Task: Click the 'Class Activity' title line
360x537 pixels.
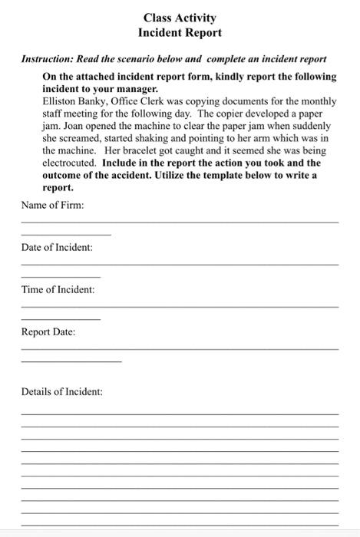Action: point(180,18)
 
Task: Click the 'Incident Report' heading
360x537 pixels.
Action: point(180,33)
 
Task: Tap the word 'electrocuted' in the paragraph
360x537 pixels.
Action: point(69,163)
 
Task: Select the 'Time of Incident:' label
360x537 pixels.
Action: point(58,289)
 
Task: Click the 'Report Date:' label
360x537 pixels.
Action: point(48,332)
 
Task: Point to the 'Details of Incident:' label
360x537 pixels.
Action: point(61,392)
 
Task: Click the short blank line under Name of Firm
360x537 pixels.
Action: point(66,234)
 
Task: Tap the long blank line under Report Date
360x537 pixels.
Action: point(180,349)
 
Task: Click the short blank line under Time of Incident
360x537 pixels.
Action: point(61,318)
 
